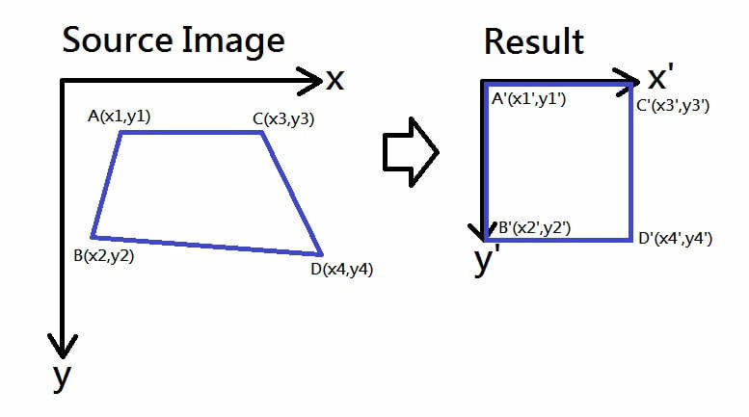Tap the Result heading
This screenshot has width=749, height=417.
click(534, 41)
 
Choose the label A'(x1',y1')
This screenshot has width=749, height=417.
click(530, 98)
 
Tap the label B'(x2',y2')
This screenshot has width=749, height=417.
click(534, 228)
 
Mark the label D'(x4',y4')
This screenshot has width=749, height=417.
click(675, 238)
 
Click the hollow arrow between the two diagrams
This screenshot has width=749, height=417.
click(411, 150)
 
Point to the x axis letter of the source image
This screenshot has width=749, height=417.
click(334, 80)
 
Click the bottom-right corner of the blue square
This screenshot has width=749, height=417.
click(631, 237)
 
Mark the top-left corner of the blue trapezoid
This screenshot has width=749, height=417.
click(120, 133)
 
